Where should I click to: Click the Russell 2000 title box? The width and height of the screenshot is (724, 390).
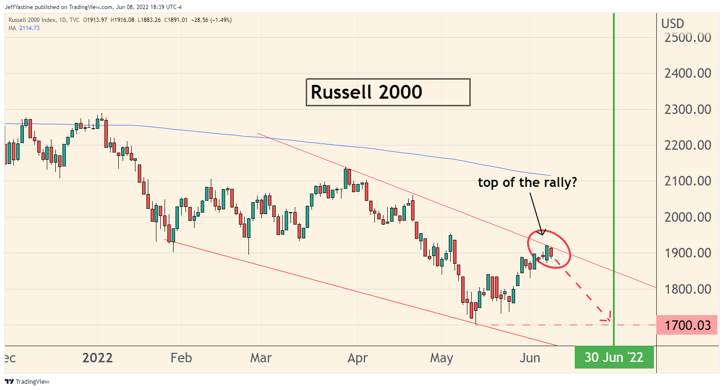coord(388,92)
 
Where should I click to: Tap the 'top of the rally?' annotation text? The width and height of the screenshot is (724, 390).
coord(527,183)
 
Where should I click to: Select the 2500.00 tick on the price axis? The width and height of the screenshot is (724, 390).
coord(687,38)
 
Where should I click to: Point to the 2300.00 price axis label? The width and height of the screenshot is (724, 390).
coord(687,110)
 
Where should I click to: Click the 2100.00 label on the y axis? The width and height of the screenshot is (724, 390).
coord(687,181)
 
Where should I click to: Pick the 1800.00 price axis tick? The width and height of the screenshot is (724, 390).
coord(687,289)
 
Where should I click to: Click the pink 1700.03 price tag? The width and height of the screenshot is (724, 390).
coord(687,325)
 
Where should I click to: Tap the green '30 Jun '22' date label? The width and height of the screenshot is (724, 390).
coord(614,358)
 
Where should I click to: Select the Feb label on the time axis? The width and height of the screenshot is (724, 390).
coord(181,358)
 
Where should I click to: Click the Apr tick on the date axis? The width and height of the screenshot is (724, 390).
coord(358,358)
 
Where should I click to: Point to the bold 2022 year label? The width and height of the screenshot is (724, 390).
coord(97,358)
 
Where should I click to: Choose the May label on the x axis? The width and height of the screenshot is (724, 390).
coord(441,358)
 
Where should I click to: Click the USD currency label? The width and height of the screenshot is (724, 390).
coord(672,23)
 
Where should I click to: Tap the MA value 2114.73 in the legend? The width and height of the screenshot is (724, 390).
coord(30,28)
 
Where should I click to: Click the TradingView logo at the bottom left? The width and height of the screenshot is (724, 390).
coord(27,381)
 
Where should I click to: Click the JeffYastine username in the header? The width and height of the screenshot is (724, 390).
coord(19,7)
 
